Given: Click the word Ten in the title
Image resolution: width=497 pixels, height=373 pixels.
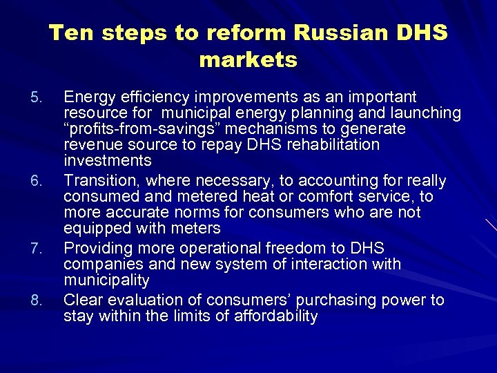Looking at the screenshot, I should pos(68,32).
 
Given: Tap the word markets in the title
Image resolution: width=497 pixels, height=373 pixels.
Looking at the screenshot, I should pos(248,60).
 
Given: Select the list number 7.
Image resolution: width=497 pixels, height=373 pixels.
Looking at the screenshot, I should pos(39,249).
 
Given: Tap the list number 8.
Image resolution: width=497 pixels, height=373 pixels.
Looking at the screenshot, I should pos(39,300).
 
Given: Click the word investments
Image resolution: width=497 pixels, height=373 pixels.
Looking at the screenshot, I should pos(107,161).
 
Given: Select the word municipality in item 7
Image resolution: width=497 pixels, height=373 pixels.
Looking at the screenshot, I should pos(106,280).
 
